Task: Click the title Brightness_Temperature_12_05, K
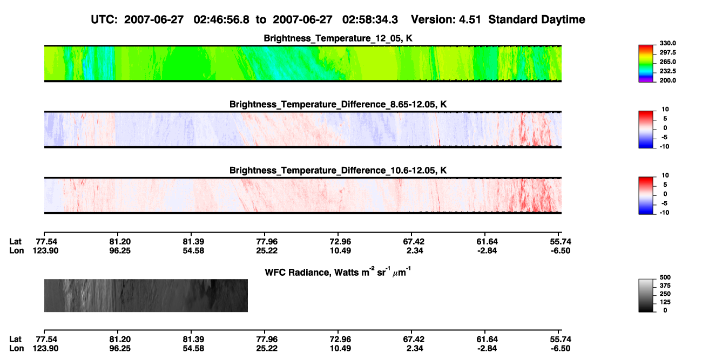338,38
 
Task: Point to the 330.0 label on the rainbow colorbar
667,43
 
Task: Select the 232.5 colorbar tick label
667,71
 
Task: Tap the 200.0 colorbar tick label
667,80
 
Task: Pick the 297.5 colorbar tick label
667,53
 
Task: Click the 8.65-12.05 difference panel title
338,104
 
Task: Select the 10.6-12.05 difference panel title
338,171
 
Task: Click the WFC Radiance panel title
338,272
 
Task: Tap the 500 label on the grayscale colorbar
665,277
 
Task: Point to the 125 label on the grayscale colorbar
665,302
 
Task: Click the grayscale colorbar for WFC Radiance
646,295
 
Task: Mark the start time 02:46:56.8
221,20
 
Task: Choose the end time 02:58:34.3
370,20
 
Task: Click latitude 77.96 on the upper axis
267,242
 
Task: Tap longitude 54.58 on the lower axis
193,349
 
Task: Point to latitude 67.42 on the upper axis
414,242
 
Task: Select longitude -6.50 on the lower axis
561,349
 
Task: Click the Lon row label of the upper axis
16,251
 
